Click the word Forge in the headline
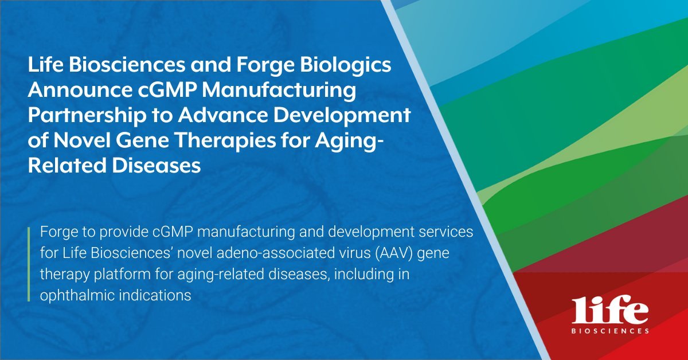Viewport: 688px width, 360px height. coord(265,66)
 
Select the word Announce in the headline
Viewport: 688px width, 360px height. coord(80,89)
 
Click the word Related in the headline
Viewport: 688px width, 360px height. coord(67,165)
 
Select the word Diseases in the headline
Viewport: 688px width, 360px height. coord(156,165)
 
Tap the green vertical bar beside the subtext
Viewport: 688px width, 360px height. coord(29,264)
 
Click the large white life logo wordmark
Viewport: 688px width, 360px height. coord(610,310)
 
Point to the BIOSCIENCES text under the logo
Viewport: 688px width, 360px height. coord(610,331)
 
